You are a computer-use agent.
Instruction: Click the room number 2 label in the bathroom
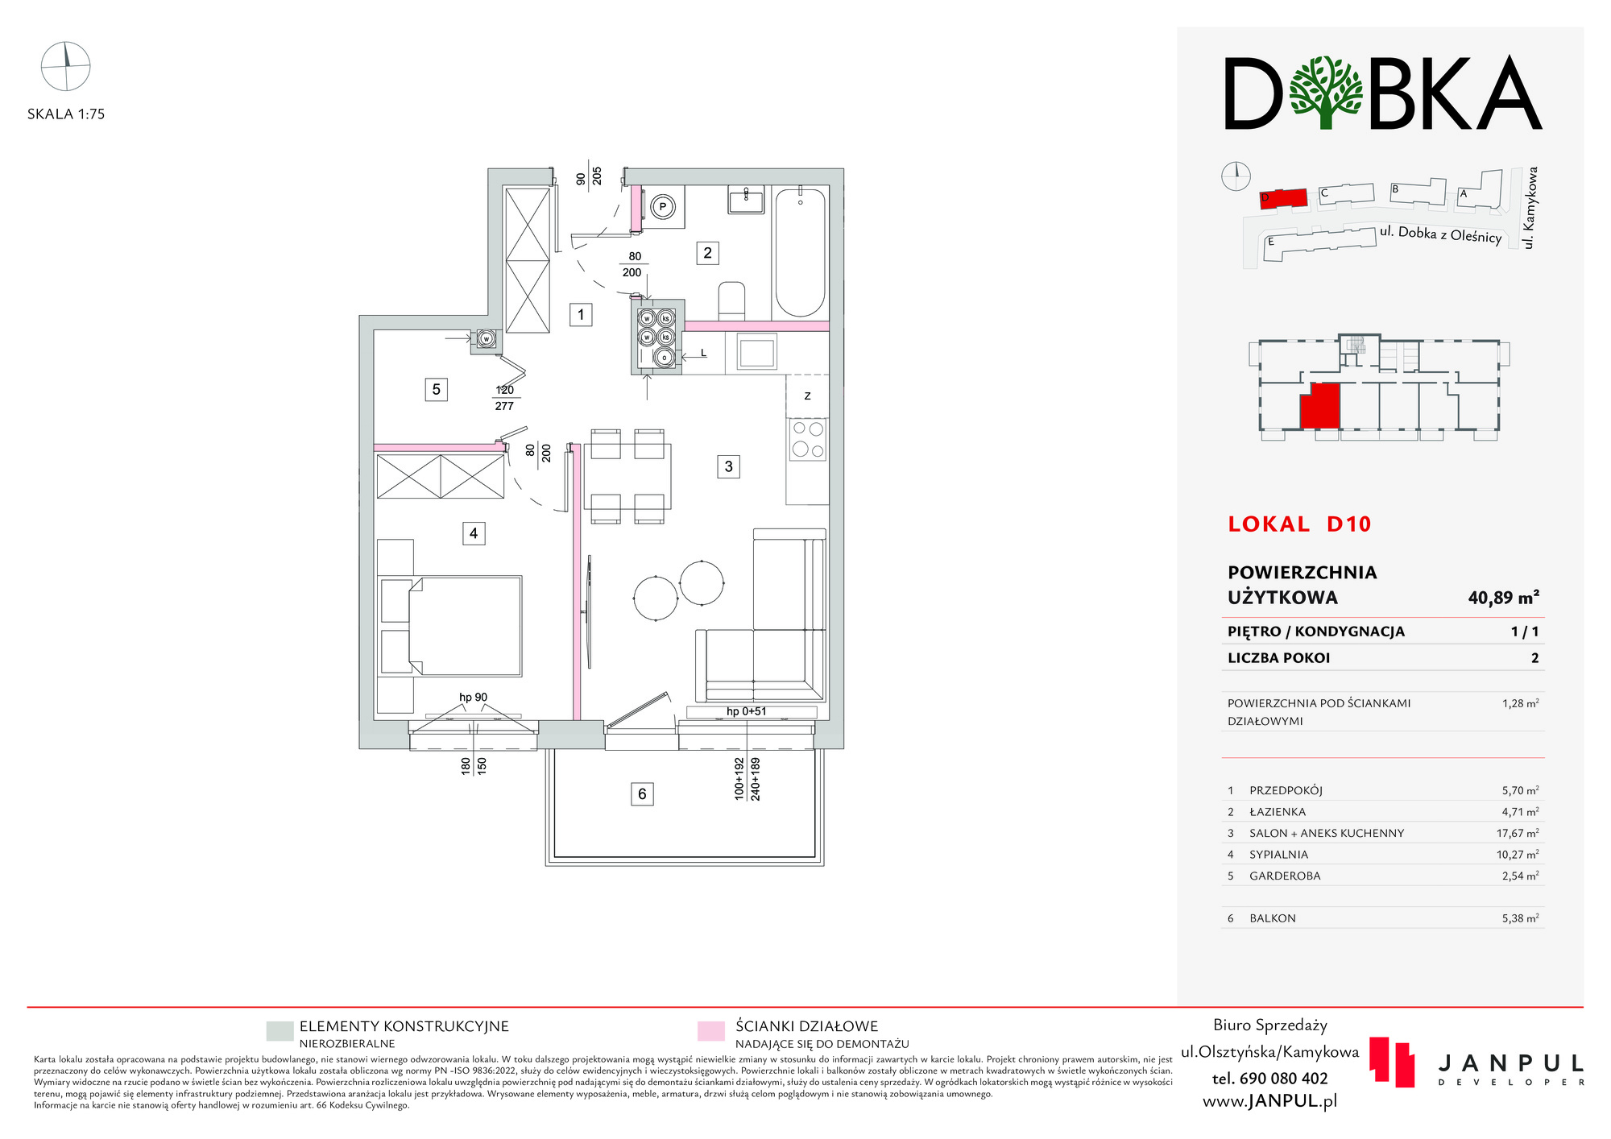coord(707,253)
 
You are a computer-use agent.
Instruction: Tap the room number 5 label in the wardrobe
coord(436,390)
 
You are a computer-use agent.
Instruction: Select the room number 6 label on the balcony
coord(642,794)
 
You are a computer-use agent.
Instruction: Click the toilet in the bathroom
coord(731,300)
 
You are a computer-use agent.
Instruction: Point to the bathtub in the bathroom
coord(800,253)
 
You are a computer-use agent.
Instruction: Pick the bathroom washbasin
coord(747,199)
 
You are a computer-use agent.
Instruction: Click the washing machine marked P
coord(663,207)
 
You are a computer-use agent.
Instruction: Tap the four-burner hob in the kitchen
coord(808,439)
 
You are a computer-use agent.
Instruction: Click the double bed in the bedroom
coord(450,626)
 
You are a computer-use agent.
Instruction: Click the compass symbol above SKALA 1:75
coord(65,66)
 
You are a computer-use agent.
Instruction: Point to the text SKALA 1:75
coord(66,114)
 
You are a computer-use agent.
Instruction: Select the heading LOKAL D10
coord(1299,524)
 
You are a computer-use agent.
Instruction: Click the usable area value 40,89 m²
coord(1503,598)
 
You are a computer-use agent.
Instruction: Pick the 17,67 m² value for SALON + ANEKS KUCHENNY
coord(1518,833)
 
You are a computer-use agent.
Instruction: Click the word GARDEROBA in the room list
coord(1285,876)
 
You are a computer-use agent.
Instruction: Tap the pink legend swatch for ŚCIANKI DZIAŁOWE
coord(711,1031)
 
